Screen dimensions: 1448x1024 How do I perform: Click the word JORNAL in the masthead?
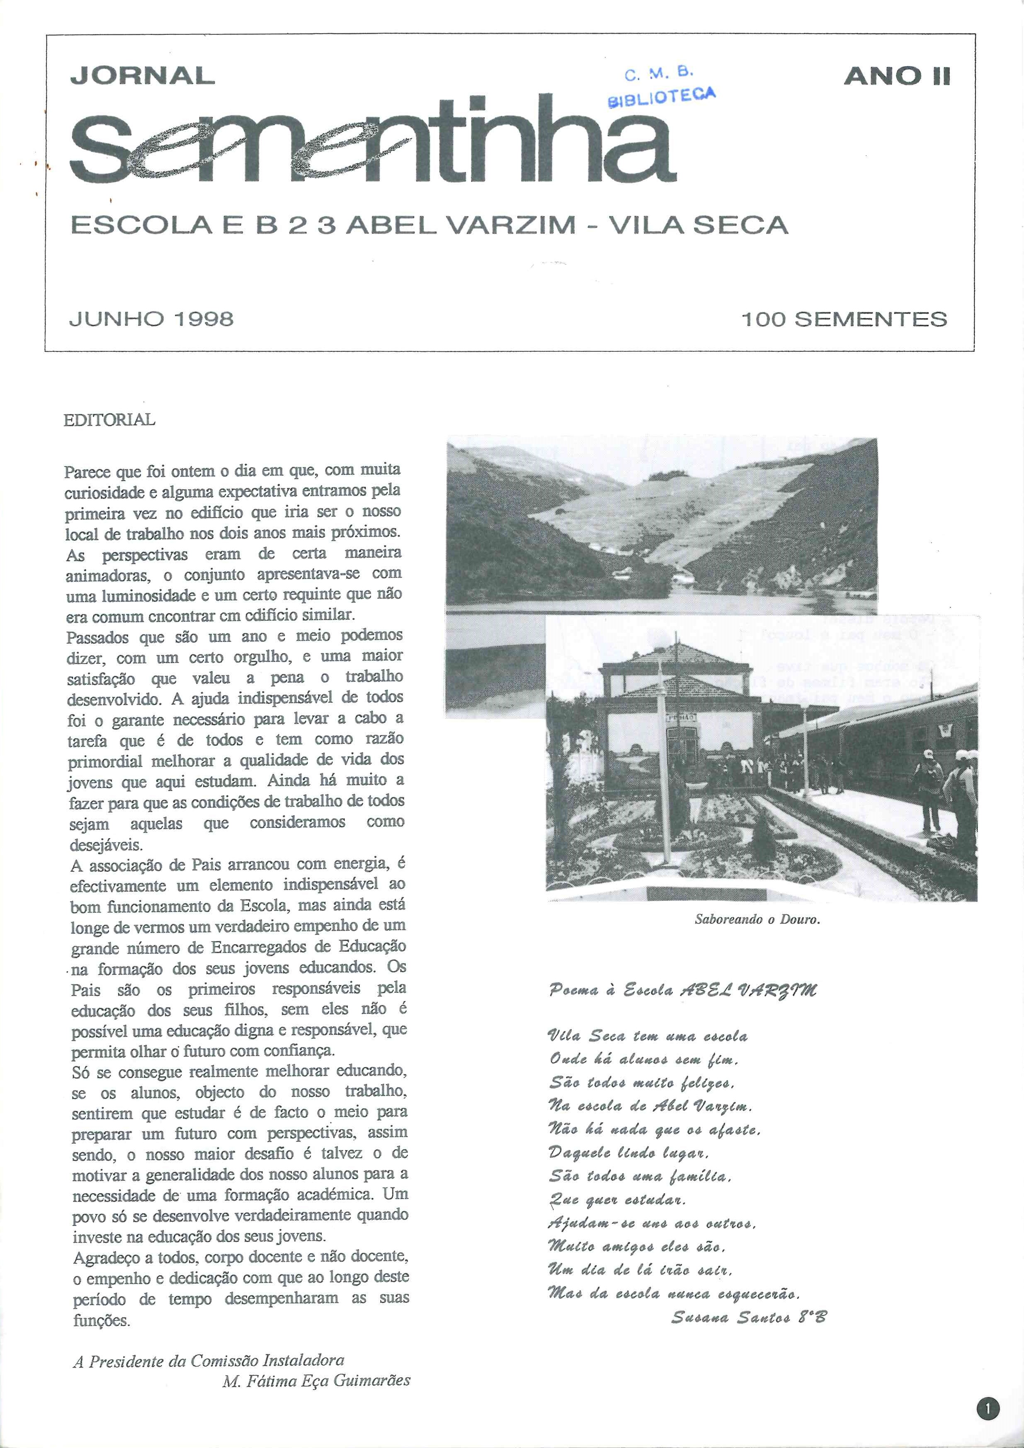click(143, 76)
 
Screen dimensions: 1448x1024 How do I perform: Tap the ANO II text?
click(897, 76)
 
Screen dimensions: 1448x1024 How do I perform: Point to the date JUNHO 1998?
click(151, 319)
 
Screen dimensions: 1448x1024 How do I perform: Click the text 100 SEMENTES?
click(844, 319)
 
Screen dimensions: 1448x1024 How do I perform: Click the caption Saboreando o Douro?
click(757, 919)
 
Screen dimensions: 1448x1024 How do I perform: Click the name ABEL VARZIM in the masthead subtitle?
click(461, 225)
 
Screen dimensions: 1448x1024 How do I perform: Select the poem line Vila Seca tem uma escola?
click(648, 1036)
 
